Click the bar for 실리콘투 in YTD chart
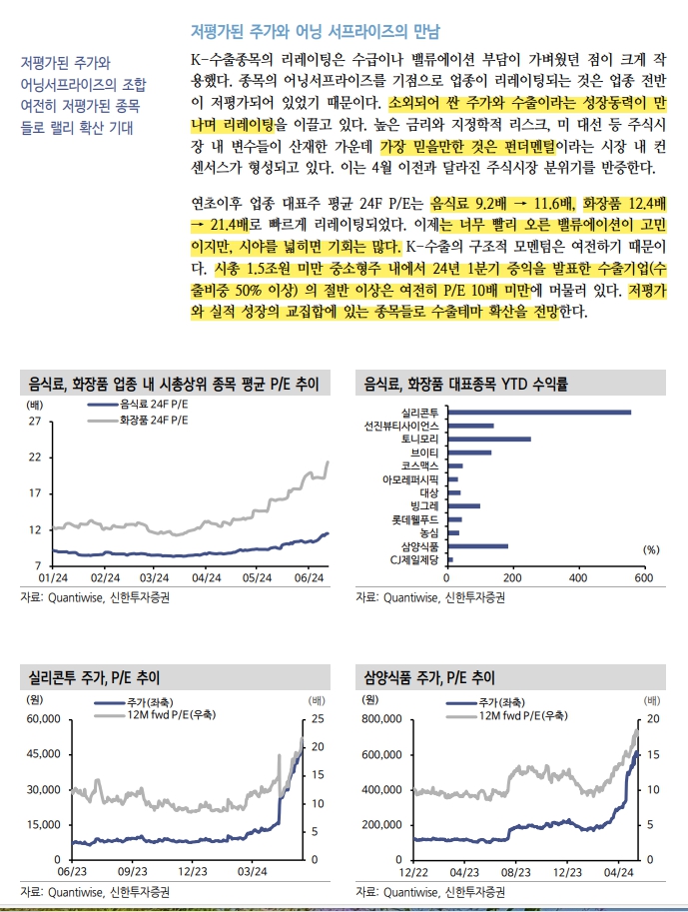coord(539,412)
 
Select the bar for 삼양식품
coord(478,546)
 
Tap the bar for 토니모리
coord(488,439)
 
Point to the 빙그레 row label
coord(424,506)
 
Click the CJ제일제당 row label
coord(413,560)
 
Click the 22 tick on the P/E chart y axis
coord(34,457)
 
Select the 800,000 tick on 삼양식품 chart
coord(376,718)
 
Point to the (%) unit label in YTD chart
coord(651,549)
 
